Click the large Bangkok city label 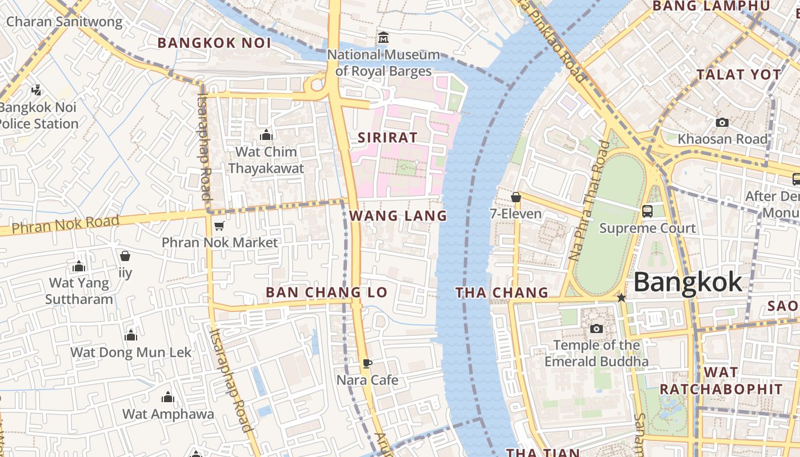(x=687, y=282)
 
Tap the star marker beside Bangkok (x=621, y=298)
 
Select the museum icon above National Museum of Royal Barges (x=383, y=38)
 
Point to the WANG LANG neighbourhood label (x=398, y=216)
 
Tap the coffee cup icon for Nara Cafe (x=367, y=363)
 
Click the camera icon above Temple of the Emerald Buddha (x=596, y=328)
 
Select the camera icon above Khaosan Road (x=722, y=122)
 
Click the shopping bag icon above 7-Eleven (x=516, y=197)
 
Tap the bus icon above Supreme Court (x=647, y=211)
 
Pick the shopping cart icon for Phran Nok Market (x=219, y=226)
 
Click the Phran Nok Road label (x=66, y=224)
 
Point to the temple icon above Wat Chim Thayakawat (x=266, y=135)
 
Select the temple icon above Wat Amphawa (x=167, y=397)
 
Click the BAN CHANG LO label (x=326, y=292)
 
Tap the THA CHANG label (x=501, y=293)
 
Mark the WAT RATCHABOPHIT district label (x=721, y=381)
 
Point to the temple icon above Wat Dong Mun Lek (x=131, y=335)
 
